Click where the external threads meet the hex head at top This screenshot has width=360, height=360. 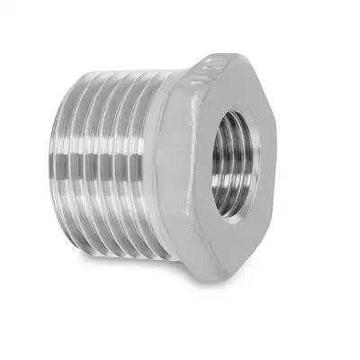171,76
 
